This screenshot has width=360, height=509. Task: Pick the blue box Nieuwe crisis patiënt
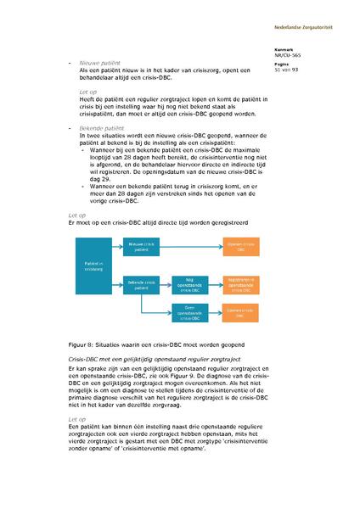pos(143,246)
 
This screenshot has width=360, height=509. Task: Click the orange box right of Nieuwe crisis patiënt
pos(242,246)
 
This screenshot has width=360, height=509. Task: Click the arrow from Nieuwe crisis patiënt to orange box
pos(192,246)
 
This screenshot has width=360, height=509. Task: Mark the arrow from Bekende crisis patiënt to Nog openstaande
pos(166,282)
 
